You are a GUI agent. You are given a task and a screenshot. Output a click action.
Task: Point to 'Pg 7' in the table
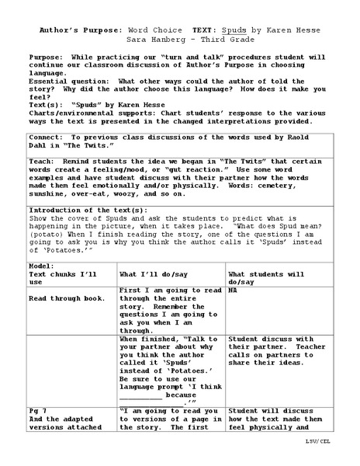tap(39, 410)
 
